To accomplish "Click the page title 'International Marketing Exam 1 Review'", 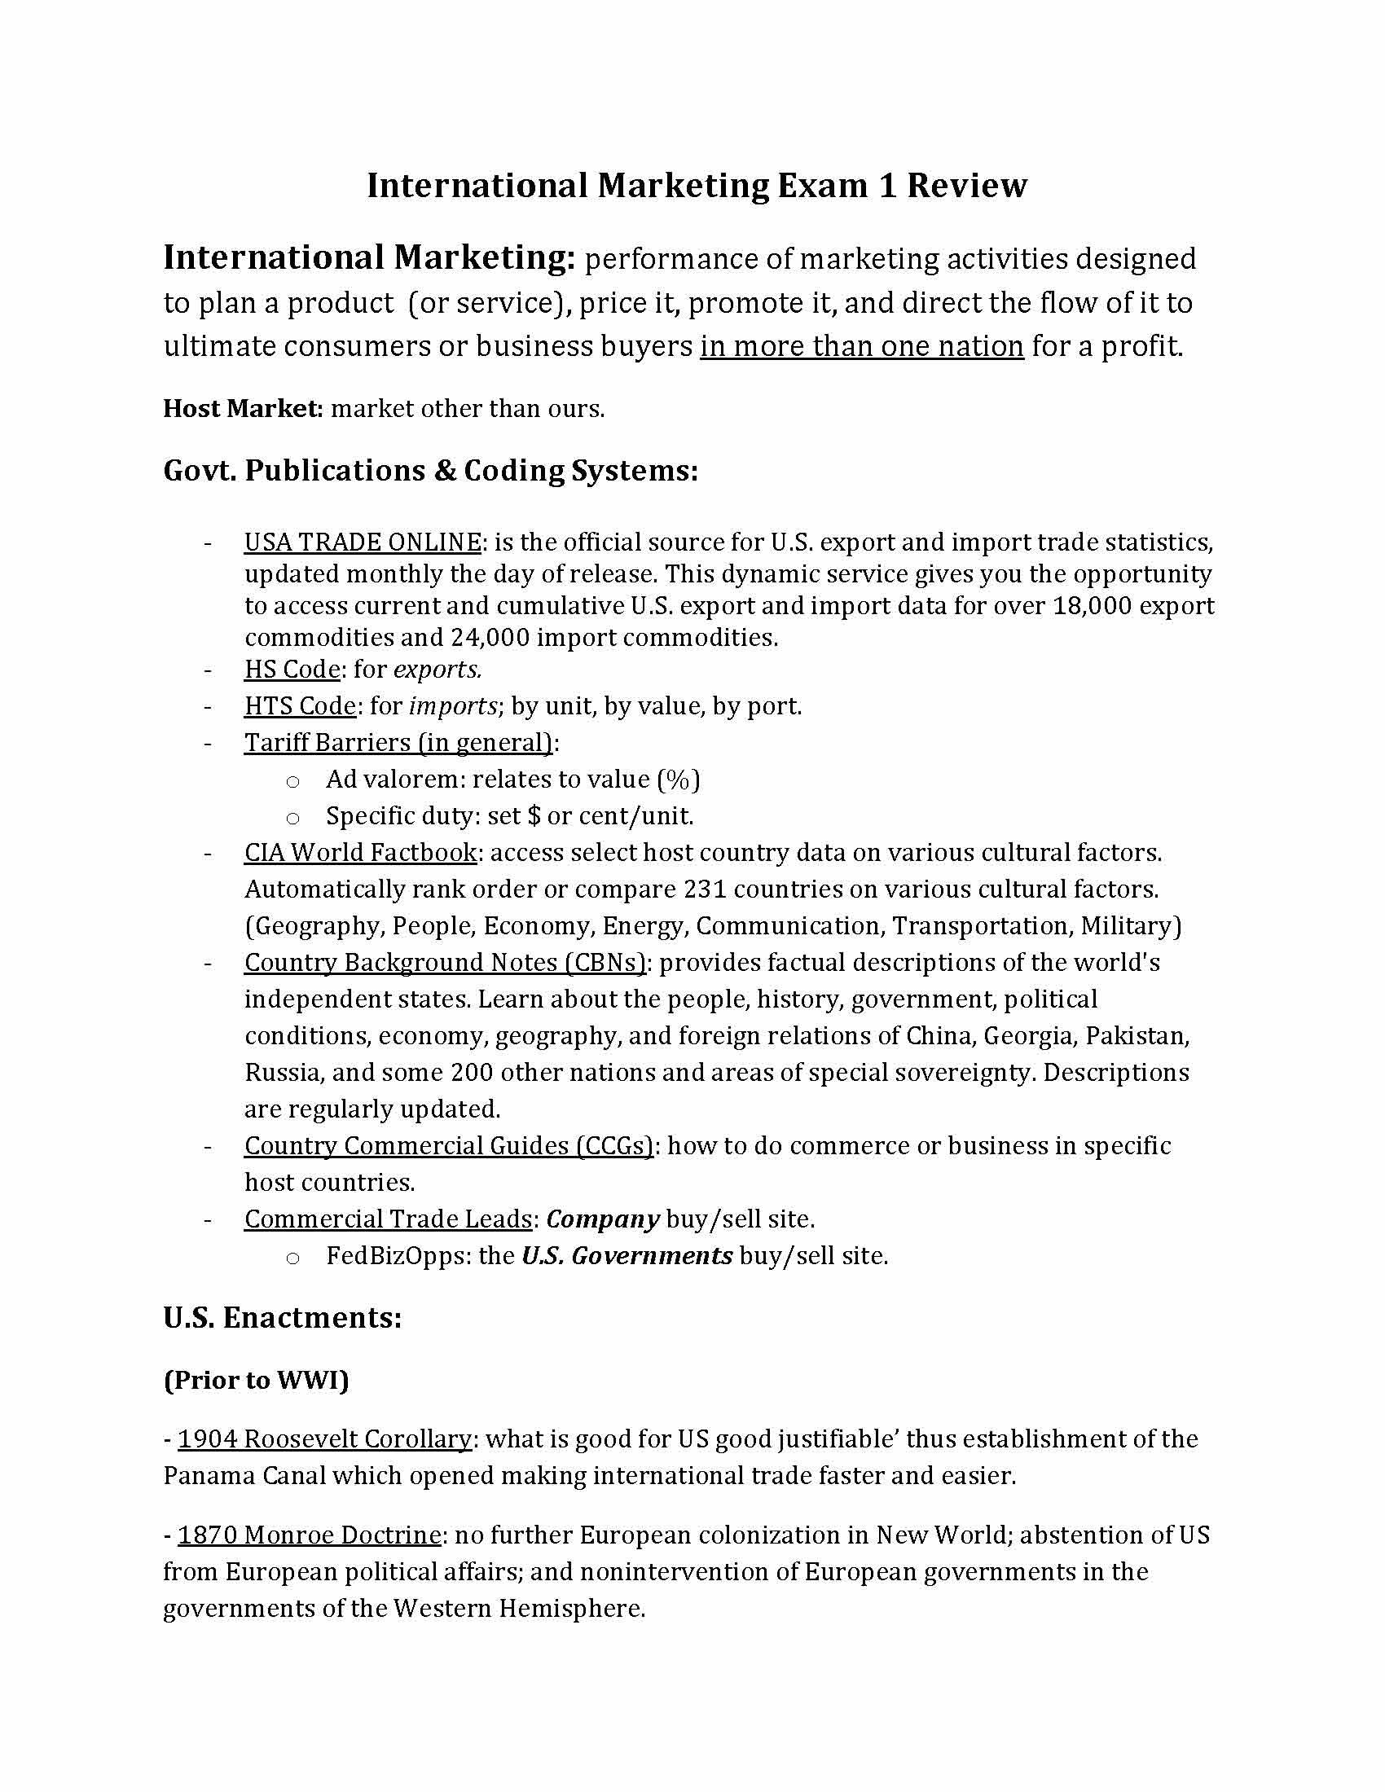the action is [696, 186].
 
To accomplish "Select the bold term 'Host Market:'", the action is [244, 408].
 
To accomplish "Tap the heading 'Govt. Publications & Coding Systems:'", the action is [431, 470].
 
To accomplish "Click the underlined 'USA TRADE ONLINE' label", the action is [363, 542].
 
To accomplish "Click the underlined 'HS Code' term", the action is [292, 670].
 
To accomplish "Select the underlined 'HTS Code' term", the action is [301, 705].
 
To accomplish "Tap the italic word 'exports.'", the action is [437, 670].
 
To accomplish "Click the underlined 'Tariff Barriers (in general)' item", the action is [398, 743].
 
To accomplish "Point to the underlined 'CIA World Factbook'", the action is [360, 853].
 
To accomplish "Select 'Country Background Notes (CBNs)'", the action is [445, 963].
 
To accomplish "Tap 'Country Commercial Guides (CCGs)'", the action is [448, 1146].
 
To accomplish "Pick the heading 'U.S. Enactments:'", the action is [282, 1318].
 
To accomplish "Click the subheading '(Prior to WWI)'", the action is [256, 1380].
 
